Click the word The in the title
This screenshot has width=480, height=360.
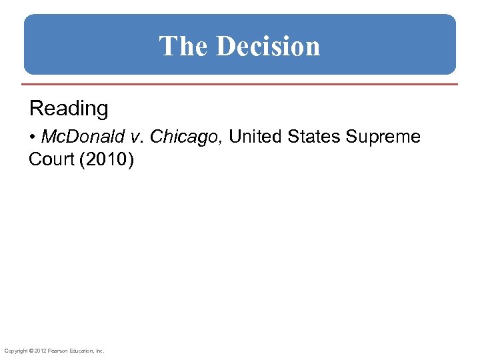click(x=184, y=46)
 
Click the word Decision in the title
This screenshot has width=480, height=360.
click(x=268, y=46)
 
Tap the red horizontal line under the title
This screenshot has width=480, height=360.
click(x=240, y=85)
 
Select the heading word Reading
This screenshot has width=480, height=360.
click(x=69, y=108)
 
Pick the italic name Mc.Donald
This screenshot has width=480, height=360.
click(x=83, y=137)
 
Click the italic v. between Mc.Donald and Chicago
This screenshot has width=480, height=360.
click(x=136, y=137)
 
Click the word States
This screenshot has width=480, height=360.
click(x=313, y=137)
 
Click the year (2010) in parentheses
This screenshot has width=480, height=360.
click(x=107, y=160)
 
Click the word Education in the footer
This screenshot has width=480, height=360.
click(x=79, y=351)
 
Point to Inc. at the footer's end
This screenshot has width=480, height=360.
click(x=99, y=351)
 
